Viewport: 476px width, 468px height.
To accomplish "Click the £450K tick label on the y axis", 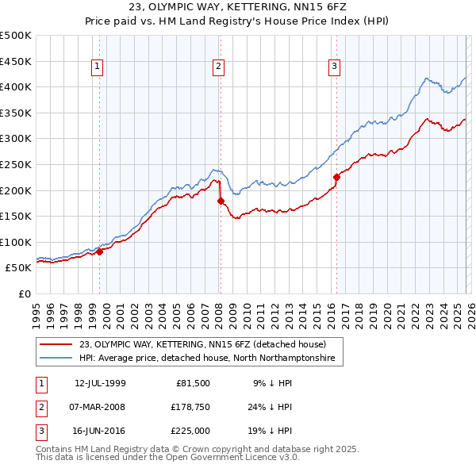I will [16, 61].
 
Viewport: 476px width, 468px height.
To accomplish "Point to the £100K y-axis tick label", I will [16, 242].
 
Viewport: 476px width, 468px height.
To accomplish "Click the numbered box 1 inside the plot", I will [97, 67].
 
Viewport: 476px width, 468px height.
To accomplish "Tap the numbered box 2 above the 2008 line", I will [218, 67].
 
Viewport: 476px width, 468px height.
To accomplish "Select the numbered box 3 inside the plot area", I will [334, 67].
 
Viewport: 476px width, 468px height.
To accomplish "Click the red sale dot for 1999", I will [100, 251].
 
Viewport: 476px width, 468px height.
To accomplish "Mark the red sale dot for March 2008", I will [221, 201].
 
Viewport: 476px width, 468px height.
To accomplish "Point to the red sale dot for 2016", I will [336, 177].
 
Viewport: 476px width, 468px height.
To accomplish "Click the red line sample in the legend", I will [57, 345].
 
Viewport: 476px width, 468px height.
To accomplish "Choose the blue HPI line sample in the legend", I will [57, 359].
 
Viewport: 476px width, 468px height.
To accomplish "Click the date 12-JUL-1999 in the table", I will [100, 383].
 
